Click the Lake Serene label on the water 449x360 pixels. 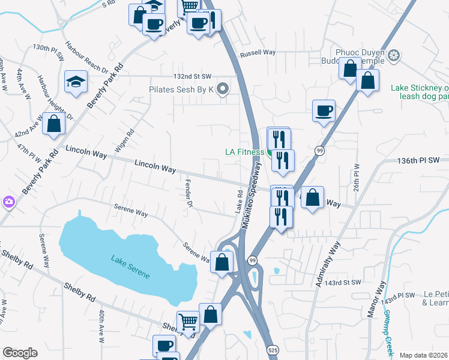pyautogui.click(x=130, y=267)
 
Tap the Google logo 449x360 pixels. pyautogui.click(x=20, y=353)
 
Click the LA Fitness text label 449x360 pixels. pyautogui.click(x=244, y=152)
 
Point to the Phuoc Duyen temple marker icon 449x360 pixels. pyautogui.click(x=394, y=56)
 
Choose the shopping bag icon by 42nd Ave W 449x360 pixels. pyautogui.click(x=53, y=124)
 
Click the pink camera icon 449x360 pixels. pyautogui.click(x=8, y=202)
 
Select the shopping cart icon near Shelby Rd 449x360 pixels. pyautogui.click(x=188, y=322)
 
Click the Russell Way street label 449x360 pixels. pyautogui.click(x=258, y=53)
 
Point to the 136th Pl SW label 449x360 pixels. pyautogui.click(x=418, y=160)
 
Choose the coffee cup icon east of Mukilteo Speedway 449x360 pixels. pyautogui.click(x=324, y=110)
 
